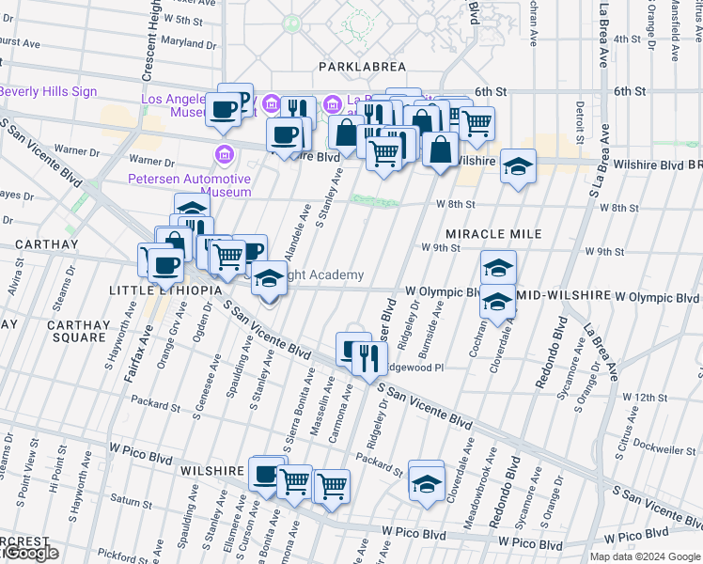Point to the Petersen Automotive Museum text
189,184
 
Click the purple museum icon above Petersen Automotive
225,154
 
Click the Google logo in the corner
30,554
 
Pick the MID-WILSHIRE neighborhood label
562,297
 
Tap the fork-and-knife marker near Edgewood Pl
368,357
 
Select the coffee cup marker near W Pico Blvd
266,474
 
